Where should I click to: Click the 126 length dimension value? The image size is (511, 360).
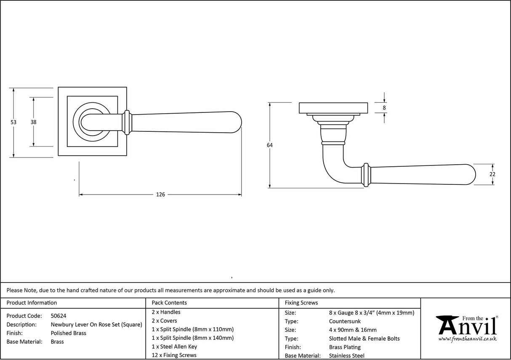pyautogui.click(x=160, y=195)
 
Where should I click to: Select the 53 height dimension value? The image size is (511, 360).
pyautogui.click(x=13, y=122)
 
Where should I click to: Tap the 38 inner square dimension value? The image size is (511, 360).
pyautogui.click(x=33, y=122)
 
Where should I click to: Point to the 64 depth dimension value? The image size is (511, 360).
pyautogui.click(x=269, y=145)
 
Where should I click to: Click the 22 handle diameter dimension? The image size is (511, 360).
pyautogui.click(x=492, y=174)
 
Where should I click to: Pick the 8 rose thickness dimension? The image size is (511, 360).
pyautogui.click(x=384, y=108)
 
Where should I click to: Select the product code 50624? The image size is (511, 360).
pyautogui.click(x=58, y=316)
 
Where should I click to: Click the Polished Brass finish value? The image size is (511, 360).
pyautogui.click(x=68, y=333)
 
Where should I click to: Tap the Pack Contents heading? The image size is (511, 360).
pyautogui.click(x=169, y=303)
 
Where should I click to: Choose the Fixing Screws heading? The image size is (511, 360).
pyautogui.click(x=301, y=303)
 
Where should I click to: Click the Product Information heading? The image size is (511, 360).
pyautogui.click(x=32, y=303)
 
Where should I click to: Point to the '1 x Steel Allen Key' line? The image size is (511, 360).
pyautogui.click(x=174, y=347)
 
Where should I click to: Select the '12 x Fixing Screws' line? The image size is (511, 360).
pyautogui.click(x=174, y=355)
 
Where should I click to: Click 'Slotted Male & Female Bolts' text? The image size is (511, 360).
pyautogui.click(x=364, y=339)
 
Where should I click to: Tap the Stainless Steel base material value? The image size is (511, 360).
pyautogui.click(x=347, y=356)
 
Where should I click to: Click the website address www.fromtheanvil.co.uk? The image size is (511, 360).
pyautogui.click(x=467, y=339)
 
